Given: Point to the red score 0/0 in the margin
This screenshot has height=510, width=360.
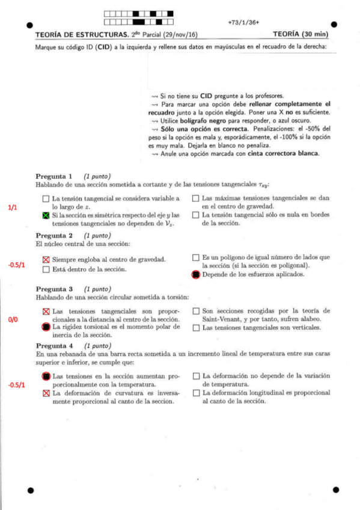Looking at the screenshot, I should click(x=13, y=319).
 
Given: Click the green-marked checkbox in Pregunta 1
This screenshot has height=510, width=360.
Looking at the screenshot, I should click(x=46, y=215).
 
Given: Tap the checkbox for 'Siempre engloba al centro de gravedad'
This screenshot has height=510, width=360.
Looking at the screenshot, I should click(x=46, y=259).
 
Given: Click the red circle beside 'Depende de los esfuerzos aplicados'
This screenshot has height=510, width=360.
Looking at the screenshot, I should click(x=195, y=274).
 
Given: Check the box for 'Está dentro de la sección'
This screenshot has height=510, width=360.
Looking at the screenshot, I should click(x=46, y=269).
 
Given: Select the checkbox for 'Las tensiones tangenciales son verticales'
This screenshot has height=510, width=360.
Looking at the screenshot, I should click(x=196, y=328).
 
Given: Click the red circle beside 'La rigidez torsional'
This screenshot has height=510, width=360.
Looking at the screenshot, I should click(x=46, y=327).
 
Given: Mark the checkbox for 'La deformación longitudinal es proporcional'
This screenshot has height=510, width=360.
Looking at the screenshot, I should click(x=196, y=393).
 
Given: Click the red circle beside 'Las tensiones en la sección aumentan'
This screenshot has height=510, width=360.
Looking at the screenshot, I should click(x=46, y=376).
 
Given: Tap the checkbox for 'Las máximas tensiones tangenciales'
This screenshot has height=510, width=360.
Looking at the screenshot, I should click(x=196, y=198).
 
